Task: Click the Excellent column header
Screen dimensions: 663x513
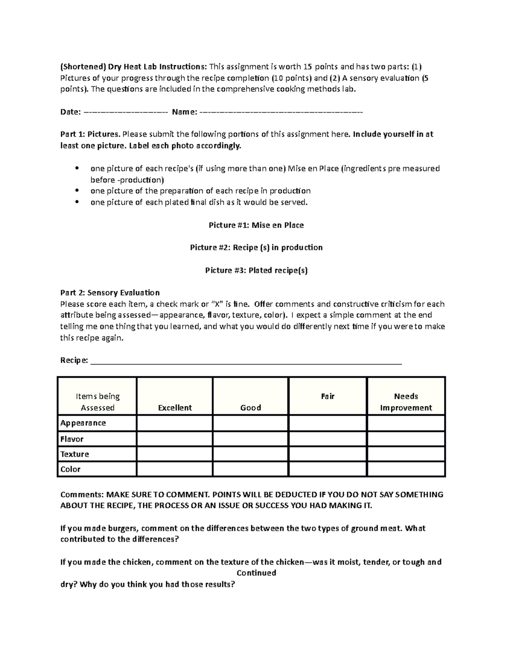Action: pos(175,408)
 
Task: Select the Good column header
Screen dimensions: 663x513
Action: pos(251,408)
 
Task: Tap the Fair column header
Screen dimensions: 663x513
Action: pos(327,396)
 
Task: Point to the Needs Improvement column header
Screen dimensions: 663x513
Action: pos(406,402)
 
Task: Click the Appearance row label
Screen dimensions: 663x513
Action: pos(83,423)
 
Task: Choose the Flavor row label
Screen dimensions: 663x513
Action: pos(72,439)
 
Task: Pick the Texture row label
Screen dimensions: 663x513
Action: pos(74,454)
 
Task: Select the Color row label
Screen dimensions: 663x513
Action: pos(70,469)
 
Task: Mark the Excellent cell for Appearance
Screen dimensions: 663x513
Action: pos(174,424)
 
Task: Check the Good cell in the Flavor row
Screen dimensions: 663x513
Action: pos(251,439)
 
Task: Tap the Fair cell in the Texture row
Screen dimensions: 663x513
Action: pos(327,454)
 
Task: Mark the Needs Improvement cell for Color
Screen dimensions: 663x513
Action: pos(406,469)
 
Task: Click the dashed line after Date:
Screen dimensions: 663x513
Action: pos(126,112)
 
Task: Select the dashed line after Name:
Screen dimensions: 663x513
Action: pos(281,112)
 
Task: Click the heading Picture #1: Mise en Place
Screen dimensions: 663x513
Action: pos(256,225)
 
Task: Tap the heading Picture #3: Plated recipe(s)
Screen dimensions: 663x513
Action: pos(256,270)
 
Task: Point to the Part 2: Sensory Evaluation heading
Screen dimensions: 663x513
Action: pos(110,293)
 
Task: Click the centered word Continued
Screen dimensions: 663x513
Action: pos(256,573)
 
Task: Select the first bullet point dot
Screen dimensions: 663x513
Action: pos(77,168)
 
